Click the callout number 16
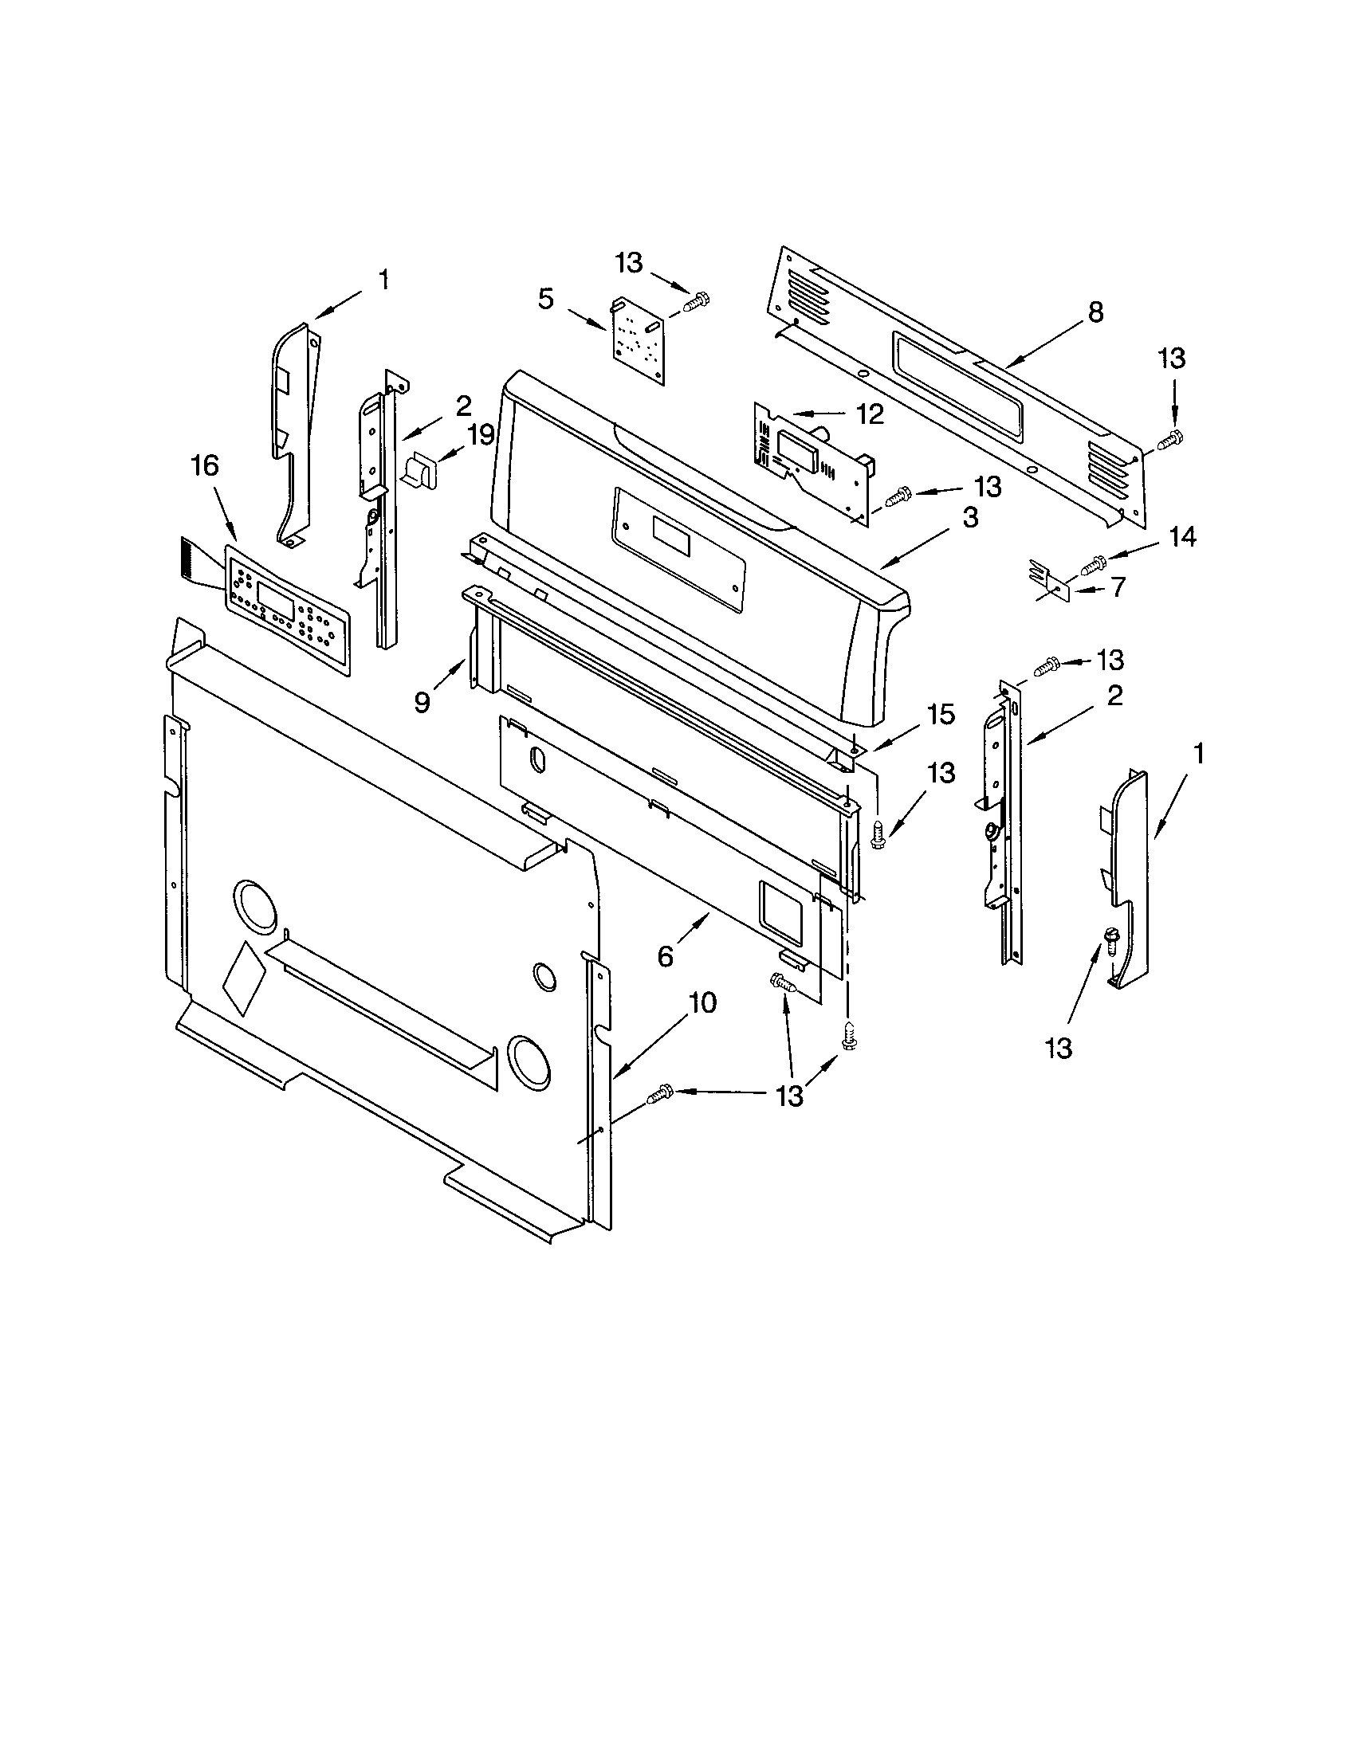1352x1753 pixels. click(x=206, y=466)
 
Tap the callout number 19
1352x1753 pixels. click(x=481, y=436)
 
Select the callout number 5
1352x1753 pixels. click(x=546, y=300)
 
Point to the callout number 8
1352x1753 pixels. click(x=1095, y=312)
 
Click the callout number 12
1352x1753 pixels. click(x=870, y=414)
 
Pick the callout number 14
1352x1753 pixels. click(x=1181, y=537)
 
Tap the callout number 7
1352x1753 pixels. click(x=1118, y=586)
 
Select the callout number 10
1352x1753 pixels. click(x=702, y=1002)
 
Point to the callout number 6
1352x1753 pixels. click(x=665, y=957)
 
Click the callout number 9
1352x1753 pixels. click(x=422, y=702)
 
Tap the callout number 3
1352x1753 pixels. click(x=970, y=518)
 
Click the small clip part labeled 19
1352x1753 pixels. click(x=420, y=469)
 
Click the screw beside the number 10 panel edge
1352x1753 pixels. click(x=661, y=1092)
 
